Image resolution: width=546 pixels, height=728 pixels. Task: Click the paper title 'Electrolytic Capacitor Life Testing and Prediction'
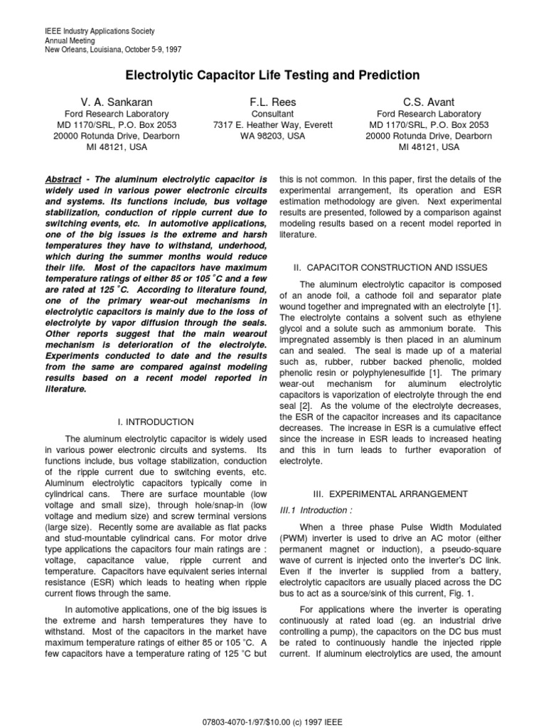[x=273, y=75]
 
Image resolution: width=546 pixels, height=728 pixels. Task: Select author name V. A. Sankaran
[x=117, y=102]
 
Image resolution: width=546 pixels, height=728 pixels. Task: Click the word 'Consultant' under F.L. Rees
[x=272, y=114]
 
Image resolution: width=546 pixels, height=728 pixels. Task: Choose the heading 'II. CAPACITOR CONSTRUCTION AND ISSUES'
[x=390, y=267]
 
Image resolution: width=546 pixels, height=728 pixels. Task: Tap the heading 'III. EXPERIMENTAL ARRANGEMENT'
[x=390, y=493]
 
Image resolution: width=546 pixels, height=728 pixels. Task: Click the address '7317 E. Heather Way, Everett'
[x=272, y=126]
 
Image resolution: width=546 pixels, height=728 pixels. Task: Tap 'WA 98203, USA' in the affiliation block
[x=272, y=137]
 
